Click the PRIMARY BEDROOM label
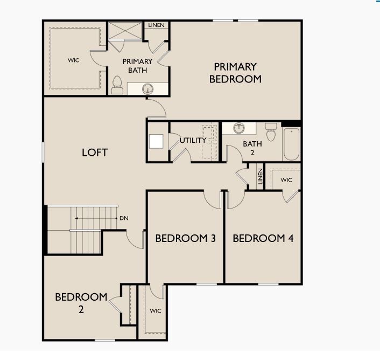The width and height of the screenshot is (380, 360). [x=235, y=73]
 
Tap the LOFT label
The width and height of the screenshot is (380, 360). [x=95, y=153]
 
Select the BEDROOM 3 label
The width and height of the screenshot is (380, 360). [x=185, y=238]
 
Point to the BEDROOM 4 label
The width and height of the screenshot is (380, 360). [x=263, y=238]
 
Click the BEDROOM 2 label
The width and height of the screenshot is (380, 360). [x=81, y=303]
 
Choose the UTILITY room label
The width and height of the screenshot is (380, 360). [x=193, y=141]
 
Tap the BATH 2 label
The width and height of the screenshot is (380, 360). [x=252, y=148]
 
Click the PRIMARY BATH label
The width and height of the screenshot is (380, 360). [x=137, y=66]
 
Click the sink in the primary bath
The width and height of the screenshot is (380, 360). [x=147, y=88]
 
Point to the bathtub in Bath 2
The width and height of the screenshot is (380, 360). [x=291, y=144]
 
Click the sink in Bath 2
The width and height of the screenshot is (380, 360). [x=240, y=128]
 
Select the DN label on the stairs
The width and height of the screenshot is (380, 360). [x=124, y=218]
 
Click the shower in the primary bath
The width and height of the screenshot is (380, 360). [x=125, y=31]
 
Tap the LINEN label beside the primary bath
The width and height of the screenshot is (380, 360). [x=157, y=25]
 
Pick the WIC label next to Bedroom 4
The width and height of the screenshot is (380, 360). [x=286, y=180]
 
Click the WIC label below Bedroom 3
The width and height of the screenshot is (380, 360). [x=156, y=311]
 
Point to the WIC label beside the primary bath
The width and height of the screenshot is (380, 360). [x=74, y=60]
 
